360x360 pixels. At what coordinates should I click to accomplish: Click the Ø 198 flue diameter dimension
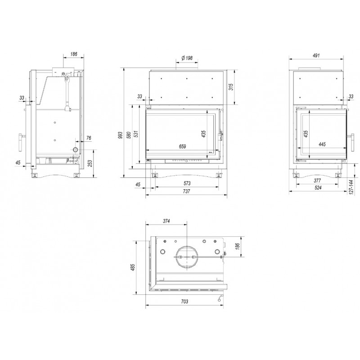pyautogui.click(x=187, y=58)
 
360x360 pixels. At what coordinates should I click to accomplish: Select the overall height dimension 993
pyautogui.click(x=120, y=136)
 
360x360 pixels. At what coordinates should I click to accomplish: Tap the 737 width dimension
pyautogui.click(x=187, y=191)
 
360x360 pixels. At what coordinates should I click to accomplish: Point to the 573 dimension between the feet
pyautogui.click(x=187, y=183)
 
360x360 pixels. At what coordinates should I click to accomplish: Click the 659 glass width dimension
pyautogui.click(x=182, y=147)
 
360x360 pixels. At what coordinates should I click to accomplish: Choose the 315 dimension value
pyautogui.click(x=231, y=87)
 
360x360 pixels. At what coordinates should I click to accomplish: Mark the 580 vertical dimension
pyautogui.click(x=129, y=135)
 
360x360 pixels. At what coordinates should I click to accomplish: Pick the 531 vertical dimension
pyautogui.click(x=136, y=134)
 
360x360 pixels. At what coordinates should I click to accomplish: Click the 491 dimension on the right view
pyautogui.click(x=316, y=55)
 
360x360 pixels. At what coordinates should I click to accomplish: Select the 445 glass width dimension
pyautogui.click(x=322, y=144)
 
